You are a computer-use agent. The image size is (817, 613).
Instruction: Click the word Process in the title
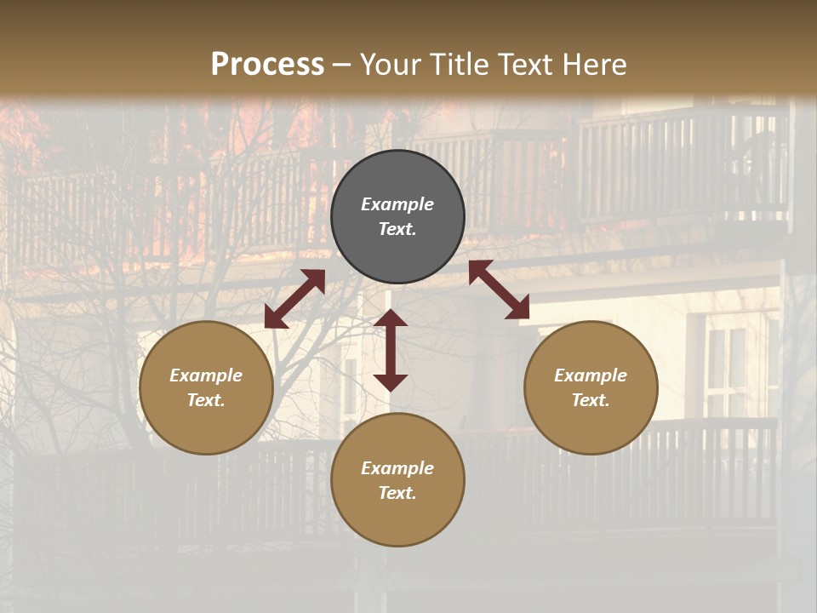(x=267, y=65)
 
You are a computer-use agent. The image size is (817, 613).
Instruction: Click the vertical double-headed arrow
(x=391, y=350)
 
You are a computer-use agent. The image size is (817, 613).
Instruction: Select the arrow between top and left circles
(x=294, y=299)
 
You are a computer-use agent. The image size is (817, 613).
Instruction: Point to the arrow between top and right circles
(x=499, y=289)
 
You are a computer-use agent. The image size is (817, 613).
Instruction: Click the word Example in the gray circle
(x=397, y=204)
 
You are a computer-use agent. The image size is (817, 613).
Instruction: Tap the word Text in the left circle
(x=206, y=400)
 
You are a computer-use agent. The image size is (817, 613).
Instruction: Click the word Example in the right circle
(x=591, y=375)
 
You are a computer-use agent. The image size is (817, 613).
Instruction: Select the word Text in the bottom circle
(x=397, y=493)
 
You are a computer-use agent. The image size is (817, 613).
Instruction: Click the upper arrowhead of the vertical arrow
(x=391, y=318)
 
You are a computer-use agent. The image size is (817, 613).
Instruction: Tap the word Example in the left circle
(x=206, y=375)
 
